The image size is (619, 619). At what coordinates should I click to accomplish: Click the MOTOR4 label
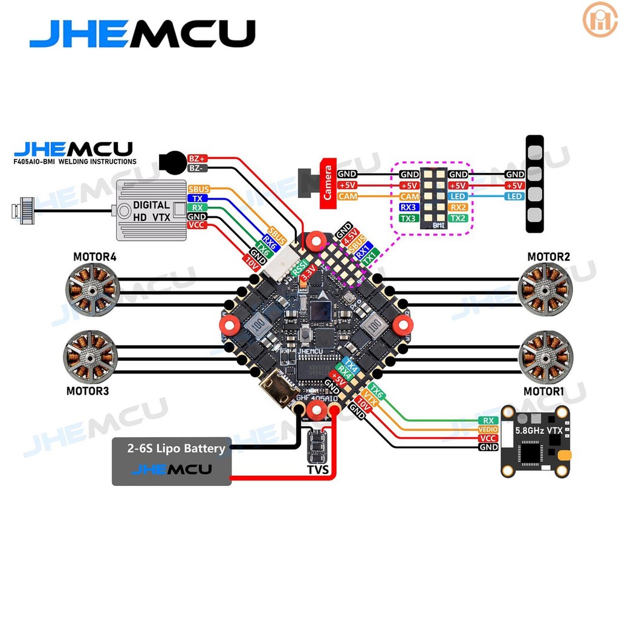click(x=95, y=257)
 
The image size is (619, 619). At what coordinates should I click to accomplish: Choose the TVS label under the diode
click(x=317, y=469)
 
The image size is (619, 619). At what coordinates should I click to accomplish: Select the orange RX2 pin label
click(x=458, y=207)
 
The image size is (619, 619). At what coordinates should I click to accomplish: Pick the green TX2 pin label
click(x=458, y=218)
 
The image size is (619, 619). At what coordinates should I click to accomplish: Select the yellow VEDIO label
click(x=488, y=429)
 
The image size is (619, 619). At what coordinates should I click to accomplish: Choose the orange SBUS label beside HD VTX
click(x=198, y=189)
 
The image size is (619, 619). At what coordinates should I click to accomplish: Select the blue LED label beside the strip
click(x=514, y=196)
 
